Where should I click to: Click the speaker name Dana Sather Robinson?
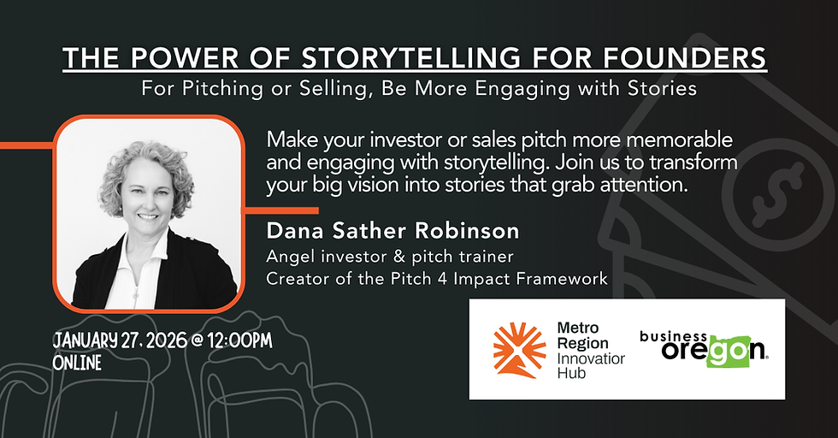[x=392, y=231]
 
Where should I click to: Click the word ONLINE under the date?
[x=77, y=363]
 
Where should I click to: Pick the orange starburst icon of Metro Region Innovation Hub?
[x=519, y=350]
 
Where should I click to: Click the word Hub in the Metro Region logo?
[x=569, y=373]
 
